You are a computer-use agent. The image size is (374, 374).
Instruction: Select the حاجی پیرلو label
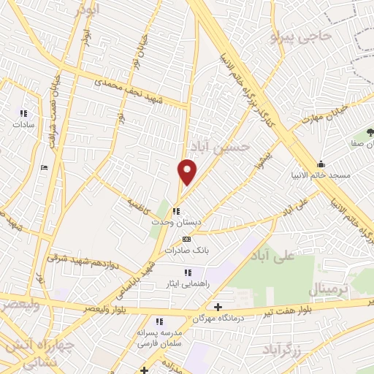pyautogui.click(x=301, y=35)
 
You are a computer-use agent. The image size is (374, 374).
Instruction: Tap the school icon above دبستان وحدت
pyautogui.click(x=176, y=211)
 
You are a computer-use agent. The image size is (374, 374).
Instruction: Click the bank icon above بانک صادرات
pyautogui.click(x=186, y=239)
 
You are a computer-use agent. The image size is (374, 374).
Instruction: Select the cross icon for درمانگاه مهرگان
pyautogui.click(x=218, y=308)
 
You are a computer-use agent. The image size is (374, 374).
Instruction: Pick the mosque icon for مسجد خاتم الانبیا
pyautogui.click(x=321, y=164)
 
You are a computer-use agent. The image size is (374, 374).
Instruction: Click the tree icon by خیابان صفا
pyautogui.click(x=370, y=133)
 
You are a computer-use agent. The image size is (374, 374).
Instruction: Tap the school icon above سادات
pyautogui.click(x=23, y=113)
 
